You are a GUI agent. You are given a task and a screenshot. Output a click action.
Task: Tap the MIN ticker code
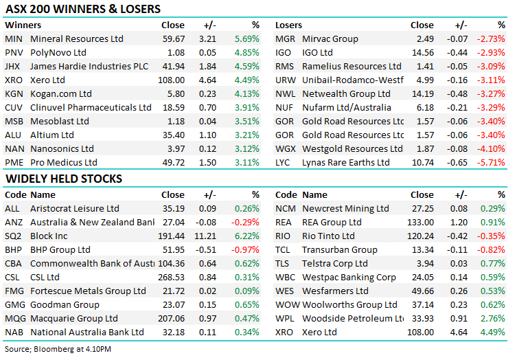tap(13, 39)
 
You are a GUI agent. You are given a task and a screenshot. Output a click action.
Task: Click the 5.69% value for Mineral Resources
tap(246, 39)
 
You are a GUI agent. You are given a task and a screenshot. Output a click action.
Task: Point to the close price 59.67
tap(172, 39)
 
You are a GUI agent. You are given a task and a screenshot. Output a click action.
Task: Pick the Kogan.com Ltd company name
tap(61, 94)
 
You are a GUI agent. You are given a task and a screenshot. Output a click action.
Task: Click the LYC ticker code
tap(284, 163)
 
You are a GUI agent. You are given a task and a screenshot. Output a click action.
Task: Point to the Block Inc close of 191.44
tap(170, 236)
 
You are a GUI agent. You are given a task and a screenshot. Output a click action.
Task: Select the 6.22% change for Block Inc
tap(246, 236)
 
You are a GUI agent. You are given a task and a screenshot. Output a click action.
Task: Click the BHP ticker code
tap(13, 249)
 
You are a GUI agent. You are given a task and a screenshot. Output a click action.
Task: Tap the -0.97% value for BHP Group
tap(245, 249)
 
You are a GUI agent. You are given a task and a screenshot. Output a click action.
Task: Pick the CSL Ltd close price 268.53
tap(170, 277)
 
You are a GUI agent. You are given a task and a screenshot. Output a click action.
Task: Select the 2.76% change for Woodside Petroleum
tap(493, 318)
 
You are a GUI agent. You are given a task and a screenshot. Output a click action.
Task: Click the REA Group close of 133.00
tap(420, 222)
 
